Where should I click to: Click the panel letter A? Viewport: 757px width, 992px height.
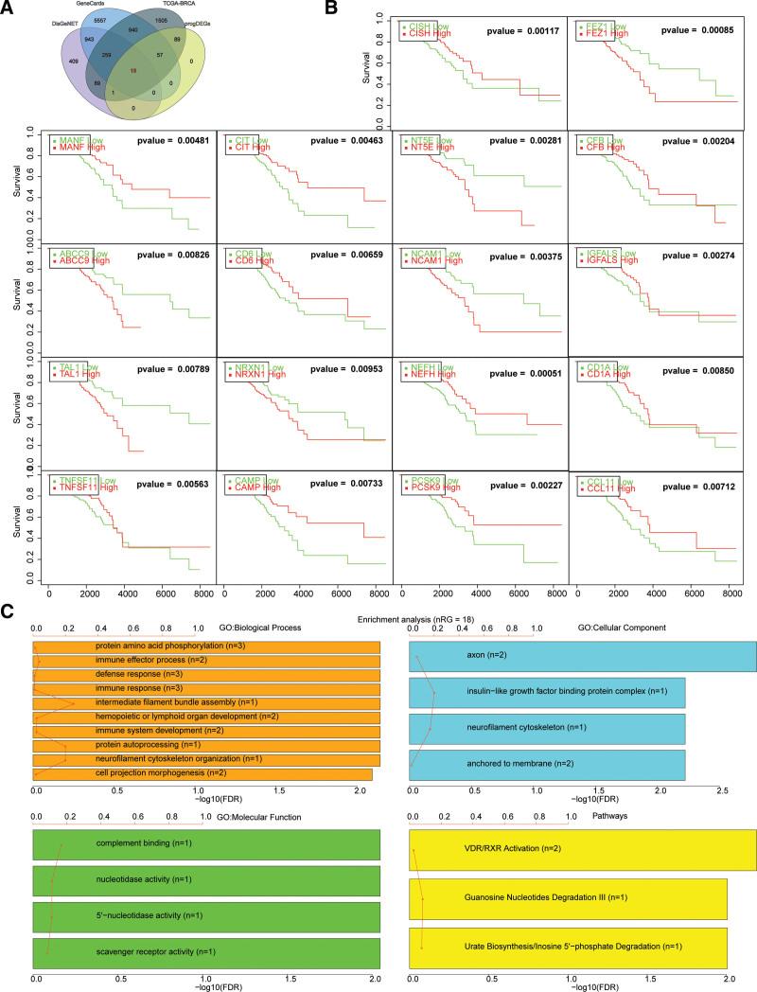point(9,10)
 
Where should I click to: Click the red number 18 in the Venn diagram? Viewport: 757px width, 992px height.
point(133,71)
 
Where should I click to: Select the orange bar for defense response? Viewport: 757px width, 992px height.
point(206,674)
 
